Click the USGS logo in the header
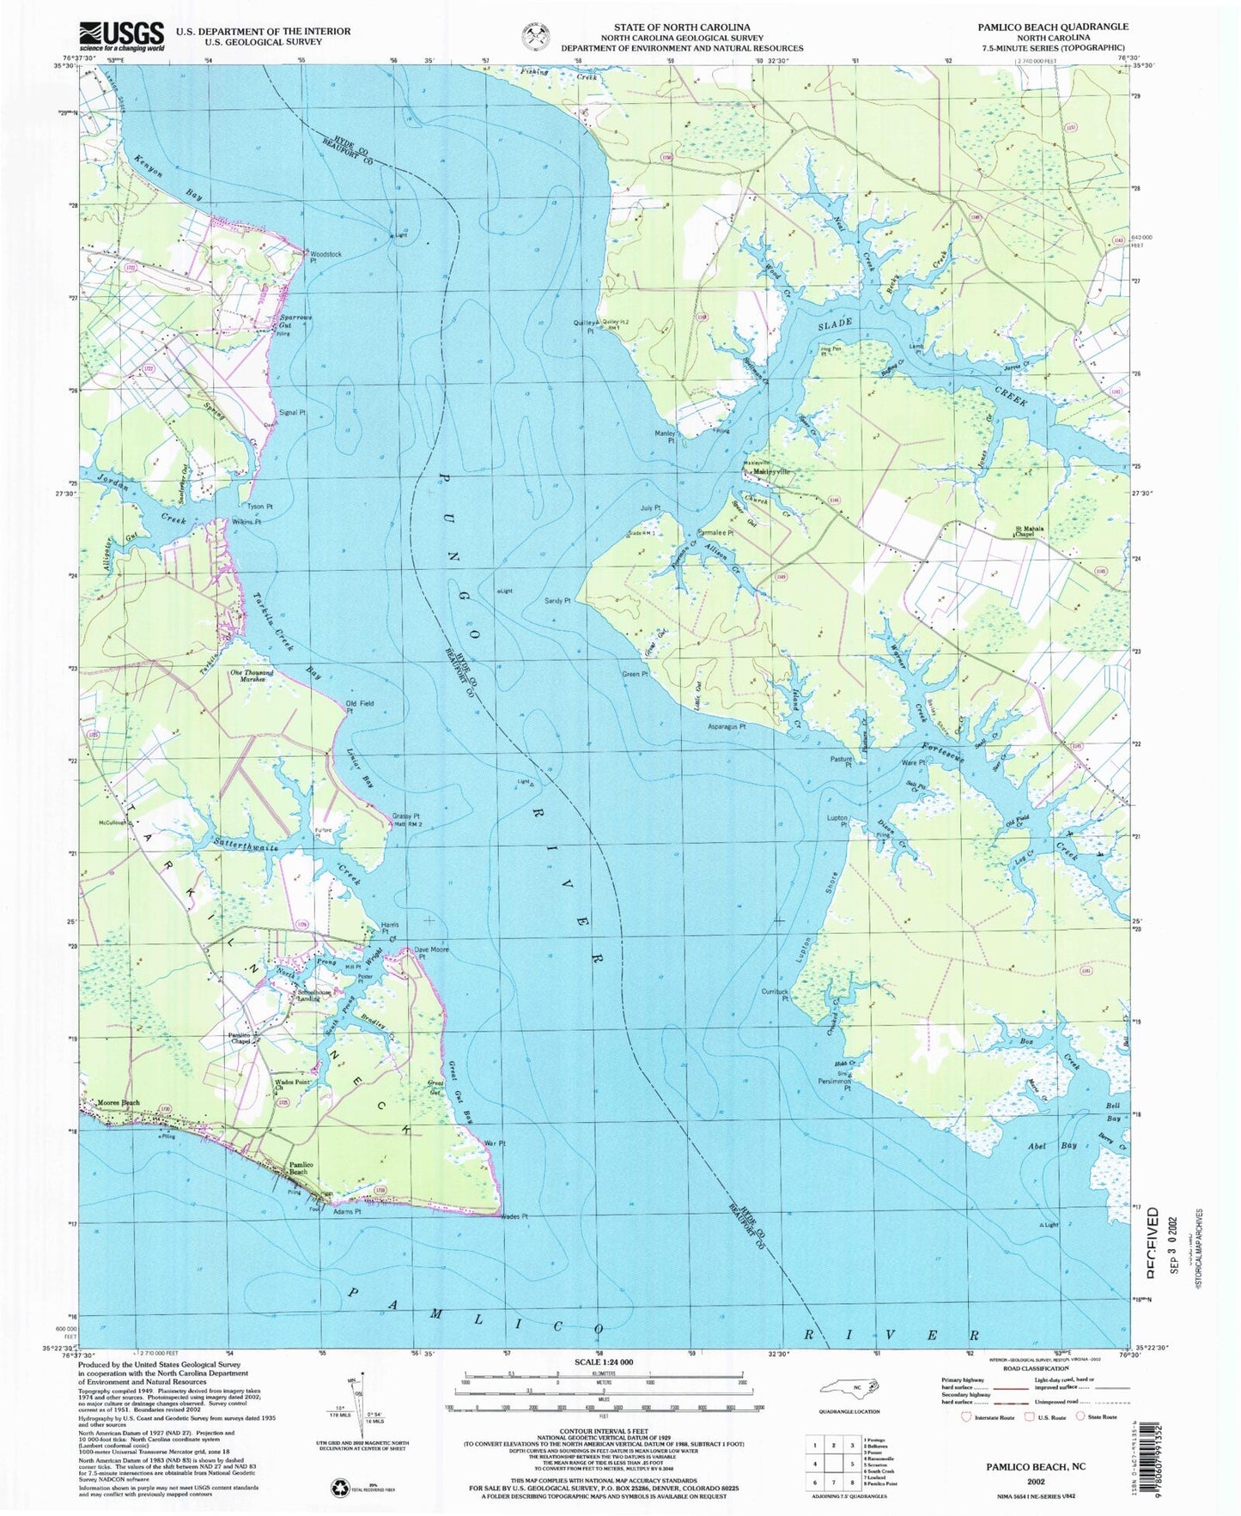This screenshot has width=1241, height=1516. (121, 36)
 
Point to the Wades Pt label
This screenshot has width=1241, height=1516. (513, 1216)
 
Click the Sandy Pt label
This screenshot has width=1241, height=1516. (557, 601)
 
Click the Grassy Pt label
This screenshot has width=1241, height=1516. (405, 816)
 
